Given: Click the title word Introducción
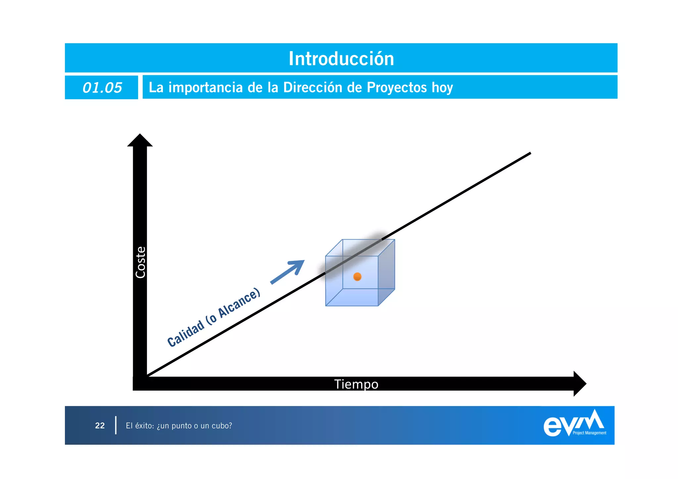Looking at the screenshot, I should pos(341,59).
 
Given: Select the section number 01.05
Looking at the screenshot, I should pos(102,88).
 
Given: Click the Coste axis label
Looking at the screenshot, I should pos(140,262).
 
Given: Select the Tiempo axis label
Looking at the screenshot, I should pos(356,384).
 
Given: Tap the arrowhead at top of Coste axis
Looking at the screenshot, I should pos(140,141).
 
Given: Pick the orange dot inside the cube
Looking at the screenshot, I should pos(357,276).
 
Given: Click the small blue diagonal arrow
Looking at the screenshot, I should pos(287,272).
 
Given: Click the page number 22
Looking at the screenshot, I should pos(100,425).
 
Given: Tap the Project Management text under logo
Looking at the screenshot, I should pos(589,433).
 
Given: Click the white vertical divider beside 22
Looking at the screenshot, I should pos(116,425).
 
